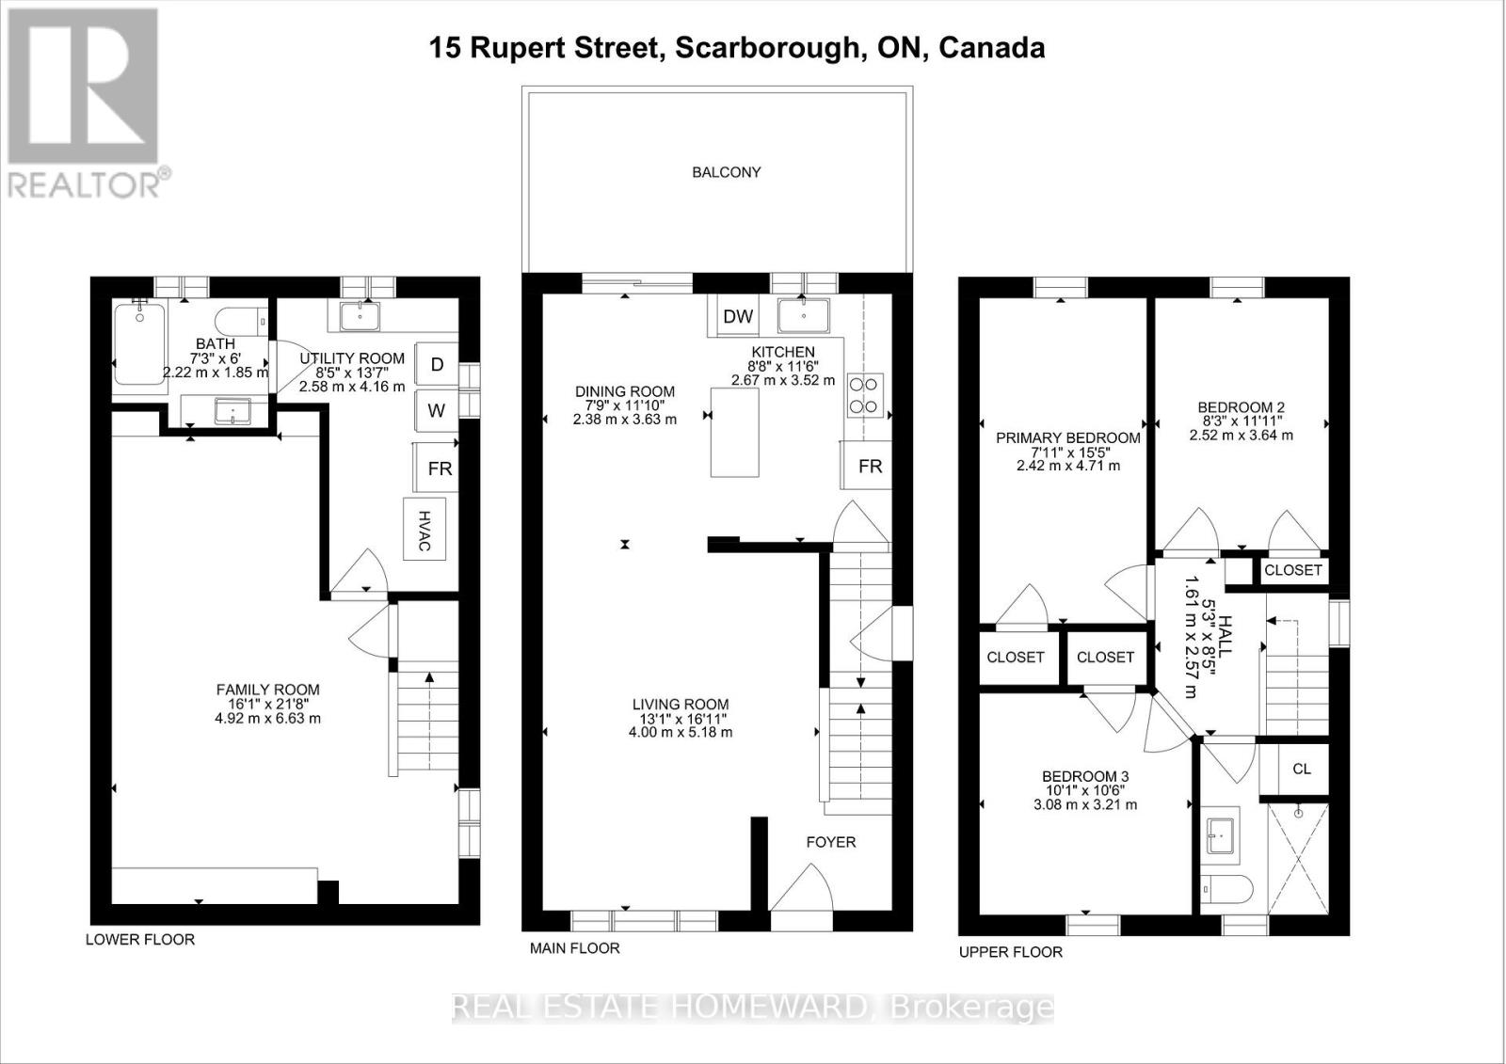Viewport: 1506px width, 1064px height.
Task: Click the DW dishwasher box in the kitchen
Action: click(x=738, y=316)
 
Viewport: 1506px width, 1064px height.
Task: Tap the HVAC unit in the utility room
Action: click(x=424, y=529)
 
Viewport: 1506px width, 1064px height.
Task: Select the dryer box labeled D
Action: click(x=437, y=364)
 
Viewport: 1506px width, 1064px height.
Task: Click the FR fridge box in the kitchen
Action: click(x=869, y=466)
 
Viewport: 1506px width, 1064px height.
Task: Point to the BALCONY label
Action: click(x=726, y=172)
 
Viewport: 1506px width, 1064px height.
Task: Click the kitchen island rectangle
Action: click(x=734, y=433)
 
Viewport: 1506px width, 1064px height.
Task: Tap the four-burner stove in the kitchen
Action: click(x=865, y=395)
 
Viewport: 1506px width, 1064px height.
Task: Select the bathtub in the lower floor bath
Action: click(x=139, y=343)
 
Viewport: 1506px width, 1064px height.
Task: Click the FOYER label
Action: click(x=830, y=842)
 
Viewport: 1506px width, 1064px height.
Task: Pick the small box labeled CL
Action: click(x=1301, y=769)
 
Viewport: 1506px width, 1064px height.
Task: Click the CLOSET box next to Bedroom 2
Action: click(x=1292, y=570)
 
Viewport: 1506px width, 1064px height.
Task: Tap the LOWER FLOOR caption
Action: click(x=140, y=939)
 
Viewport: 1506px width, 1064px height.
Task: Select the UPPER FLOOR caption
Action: click(x=1010, y=952)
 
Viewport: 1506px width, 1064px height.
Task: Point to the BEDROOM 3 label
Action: click(x=1084, y=776)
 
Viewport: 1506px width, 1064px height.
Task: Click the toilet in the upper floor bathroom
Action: click(x=1228, y=887)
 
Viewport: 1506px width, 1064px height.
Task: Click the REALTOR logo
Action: click(x=85, y=103)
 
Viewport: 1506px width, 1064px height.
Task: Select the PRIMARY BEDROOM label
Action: click(x=1067, y=437)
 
